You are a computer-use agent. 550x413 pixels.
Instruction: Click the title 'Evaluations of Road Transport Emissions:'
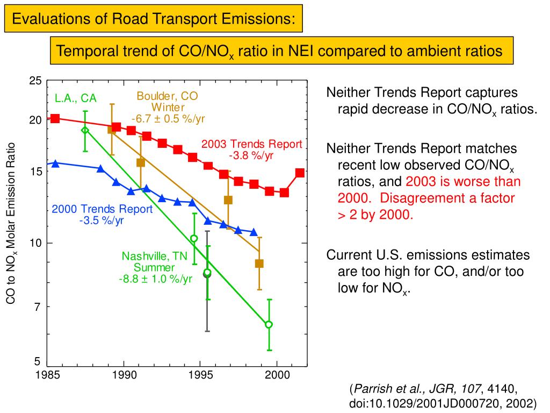click(x=154, y=19)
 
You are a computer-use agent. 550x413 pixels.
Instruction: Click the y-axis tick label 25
click(x=35, y=81)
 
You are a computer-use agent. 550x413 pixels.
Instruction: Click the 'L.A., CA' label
click(x=76, y=98)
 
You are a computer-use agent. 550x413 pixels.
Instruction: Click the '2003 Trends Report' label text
click(x=252, y=144)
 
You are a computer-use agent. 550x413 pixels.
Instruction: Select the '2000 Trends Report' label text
click(x=102, y=209)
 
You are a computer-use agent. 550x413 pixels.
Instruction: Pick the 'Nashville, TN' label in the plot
click(x=155, y=256)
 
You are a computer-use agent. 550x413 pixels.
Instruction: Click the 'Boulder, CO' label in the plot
click(x=167, y=96)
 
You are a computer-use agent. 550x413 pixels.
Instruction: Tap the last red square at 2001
click(x=300, y=173)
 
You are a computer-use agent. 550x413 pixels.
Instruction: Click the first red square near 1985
click(x=55, y=118)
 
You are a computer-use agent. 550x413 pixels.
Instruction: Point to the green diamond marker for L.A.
click(x=85, y=130)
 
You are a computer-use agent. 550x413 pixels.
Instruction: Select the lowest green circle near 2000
click(x=269, y=324)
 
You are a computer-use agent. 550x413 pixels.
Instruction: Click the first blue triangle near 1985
click(x=55, y=163)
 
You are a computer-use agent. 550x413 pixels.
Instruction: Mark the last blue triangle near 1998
click(x=254, y=232)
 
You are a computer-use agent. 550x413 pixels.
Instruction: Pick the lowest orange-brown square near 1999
click(x=259, y=264)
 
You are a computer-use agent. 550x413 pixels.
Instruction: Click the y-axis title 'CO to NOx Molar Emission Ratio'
click(x=12, y=223)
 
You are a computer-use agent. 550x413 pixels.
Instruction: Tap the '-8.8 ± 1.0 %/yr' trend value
click(x=155, y=279)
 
